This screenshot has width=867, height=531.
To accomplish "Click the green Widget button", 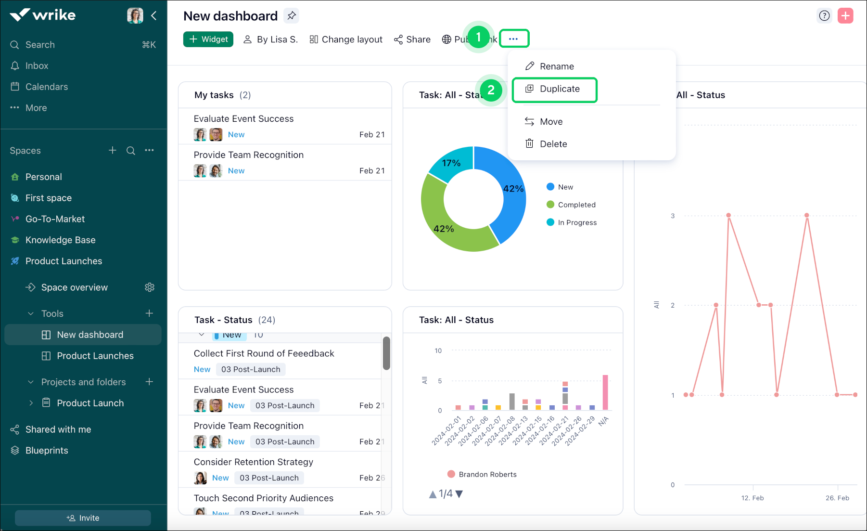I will pos(208,39).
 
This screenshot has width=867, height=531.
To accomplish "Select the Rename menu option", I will pos(556,66).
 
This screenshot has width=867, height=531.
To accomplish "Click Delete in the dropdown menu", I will pos(553,144).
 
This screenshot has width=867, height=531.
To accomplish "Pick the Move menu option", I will pos(551,122).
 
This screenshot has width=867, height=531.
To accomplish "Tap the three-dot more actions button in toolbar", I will pos(514,39).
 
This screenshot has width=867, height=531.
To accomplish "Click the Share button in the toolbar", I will pos(412,39).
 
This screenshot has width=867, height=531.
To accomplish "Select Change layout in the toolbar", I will pos(346,39).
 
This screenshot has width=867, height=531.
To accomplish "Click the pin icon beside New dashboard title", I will pos(292,16).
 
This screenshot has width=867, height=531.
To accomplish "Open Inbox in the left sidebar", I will pos(37,66).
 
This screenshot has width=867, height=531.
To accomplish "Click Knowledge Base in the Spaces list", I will pos(60,240).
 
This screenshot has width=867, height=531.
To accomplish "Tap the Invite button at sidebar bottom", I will pos(83,518).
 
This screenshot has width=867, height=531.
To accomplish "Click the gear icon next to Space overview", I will pos(150,287).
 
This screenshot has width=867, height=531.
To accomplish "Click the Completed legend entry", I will pos(576,205).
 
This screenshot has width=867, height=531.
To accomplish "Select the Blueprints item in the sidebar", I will pos(47,451).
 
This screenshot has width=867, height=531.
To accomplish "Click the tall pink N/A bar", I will pos(605,392).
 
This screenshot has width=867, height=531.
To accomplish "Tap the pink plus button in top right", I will pos(845,16).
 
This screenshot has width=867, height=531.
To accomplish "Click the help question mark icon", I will pos(824,16).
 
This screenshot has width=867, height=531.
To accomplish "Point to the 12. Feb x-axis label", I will pos(752,498).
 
